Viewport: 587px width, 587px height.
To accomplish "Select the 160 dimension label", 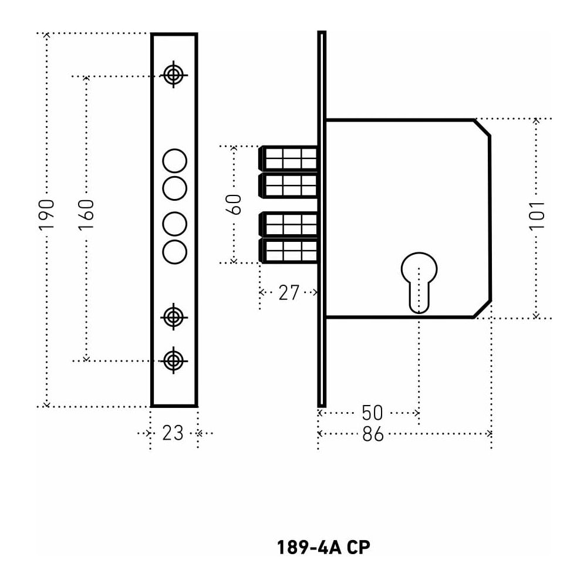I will click(x=86, y=214).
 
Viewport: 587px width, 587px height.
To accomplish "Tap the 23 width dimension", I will click(x=173, y=433).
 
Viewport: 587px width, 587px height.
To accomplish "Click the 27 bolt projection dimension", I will click(x=289, y=292).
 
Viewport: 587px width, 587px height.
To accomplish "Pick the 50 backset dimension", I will click(x=372, y=413).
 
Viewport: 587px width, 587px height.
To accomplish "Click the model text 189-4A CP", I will click(x=323, y=547).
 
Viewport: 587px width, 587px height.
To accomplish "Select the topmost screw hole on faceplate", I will click(x=173, y=75).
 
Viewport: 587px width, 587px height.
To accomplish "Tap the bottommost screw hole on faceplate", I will click(x=173, y=360).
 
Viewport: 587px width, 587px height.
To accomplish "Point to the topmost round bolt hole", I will click(x=174, y=160).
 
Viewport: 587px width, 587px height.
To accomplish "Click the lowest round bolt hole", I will click(x=174, y=251).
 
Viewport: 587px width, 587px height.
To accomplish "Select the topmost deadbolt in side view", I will click(x=289, y=158).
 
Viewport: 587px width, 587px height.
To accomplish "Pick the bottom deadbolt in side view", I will click(x=289, y=250).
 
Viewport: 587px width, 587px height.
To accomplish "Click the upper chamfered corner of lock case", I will click(x=483, y=127).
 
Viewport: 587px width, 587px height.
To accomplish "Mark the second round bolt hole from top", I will click(x=174, y=188).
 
